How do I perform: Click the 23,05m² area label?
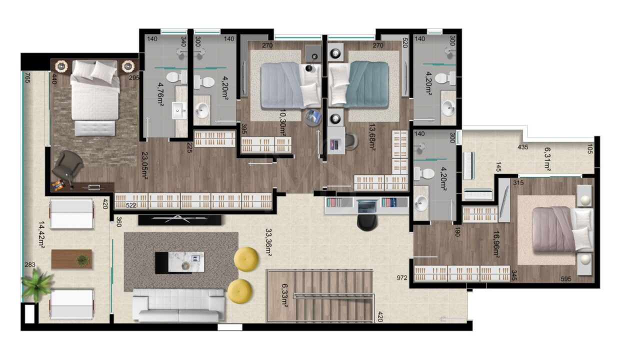(144, 165)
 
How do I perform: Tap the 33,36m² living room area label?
(268, 242)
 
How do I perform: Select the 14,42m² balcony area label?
(41, 235)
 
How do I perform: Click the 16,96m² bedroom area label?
(496, 245)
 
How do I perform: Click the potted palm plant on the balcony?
(36, 285)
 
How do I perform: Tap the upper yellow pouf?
(246, 259)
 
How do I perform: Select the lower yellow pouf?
(239, 291)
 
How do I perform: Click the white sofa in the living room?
(178, 305)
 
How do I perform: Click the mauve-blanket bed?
(562, 229)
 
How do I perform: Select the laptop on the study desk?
(367, 205)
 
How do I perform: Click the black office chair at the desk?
(367, 222)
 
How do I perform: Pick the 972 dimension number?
(402, 277)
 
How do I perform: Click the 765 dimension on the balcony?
(27, 78)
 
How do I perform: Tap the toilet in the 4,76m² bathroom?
(176, 77)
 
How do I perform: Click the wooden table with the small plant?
(71, 259)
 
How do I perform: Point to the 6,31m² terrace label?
(547, 159)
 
